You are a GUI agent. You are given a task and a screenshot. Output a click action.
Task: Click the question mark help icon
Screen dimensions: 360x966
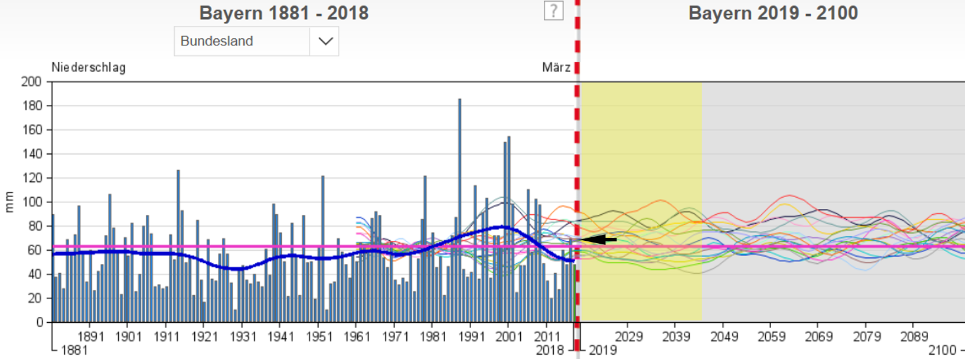pos(553,11)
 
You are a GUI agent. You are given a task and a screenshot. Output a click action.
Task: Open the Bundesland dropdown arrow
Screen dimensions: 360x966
pos(325,41)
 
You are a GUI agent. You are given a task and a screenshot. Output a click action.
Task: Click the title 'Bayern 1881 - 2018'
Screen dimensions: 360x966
pos(283,13)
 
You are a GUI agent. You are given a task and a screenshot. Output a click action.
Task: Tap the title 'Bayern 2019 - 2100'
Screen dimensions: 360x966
pos(773,13)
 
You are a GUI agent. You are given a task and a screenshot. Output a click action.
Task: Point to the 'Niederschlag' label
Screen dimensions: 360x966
pos(89,67)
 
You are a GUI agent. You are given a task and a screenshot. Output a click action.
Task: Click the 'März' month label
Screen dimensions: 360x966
pos(556,67)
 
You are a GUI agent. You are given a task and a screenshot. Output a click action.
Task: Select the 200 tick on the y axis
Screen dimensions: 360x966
pos(31,81)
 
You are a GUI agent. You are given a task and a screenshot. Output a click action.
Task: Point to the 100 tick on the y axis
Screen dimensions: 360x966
pos(31,202)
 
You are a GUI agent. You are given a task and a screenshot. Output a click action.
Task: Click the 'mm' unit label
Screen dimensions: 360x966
pos(9,202)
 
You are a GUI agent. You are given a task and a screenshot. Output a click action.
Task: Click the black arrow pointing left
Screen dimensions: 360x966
pos(599,240)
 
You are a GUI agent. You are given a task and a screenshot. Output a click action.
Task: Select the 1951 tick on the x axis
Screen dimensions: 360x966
pos(318,336)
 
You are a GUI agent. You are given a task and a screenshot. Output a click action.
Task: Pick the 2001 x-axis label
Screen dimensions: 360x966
pos(509,336)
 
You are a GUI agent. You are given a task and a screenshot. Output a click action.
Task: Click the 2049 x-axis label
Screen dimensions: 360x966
pos(724,336)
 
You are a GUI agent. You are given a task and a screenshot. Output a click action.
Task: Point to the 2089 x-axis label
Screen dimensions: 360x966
pos(914,336)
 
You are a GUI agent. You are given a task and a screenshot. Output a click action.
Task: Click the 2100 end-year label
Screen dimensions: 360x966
pos(942,350)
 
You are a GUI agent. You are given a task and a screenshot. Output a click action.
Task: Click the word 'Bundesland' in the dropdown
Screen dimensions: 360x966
pos(217,41)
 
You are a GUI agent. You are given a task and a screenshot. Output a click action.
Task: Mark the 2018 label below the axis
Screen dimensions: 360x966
pos(550,350)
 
